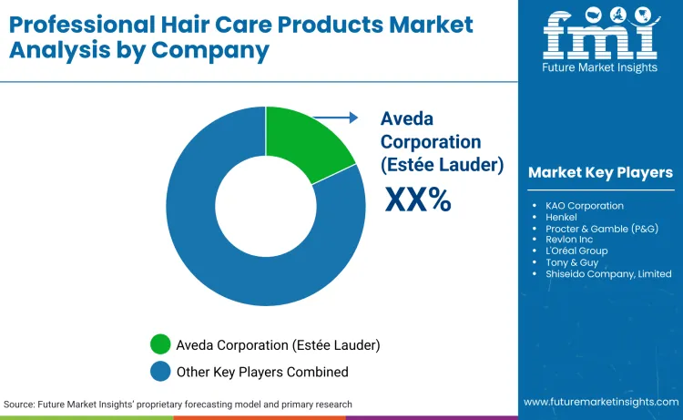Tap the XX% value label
click(x=418, y=200)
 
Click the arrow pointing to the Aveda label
click(x=336, y=117)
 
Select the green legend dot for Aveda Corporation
click(x=160, y=345)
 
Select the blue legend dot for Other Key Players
click(x=160, y=371)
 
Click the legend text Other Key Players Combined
click(x=262, y=372)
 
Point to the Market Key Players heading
click(x=600, y=173)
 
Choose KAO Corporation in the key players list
click(x=585, y=206)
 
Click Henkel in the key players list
click(x=563, y=217)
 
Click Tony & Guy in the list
click(x=571, y=262)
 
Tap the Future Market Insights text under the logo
click(x=600, y=67)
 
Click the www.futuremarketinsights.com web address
click(x=601, y=402)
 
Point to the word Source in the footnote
click(x=20, y=404)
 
